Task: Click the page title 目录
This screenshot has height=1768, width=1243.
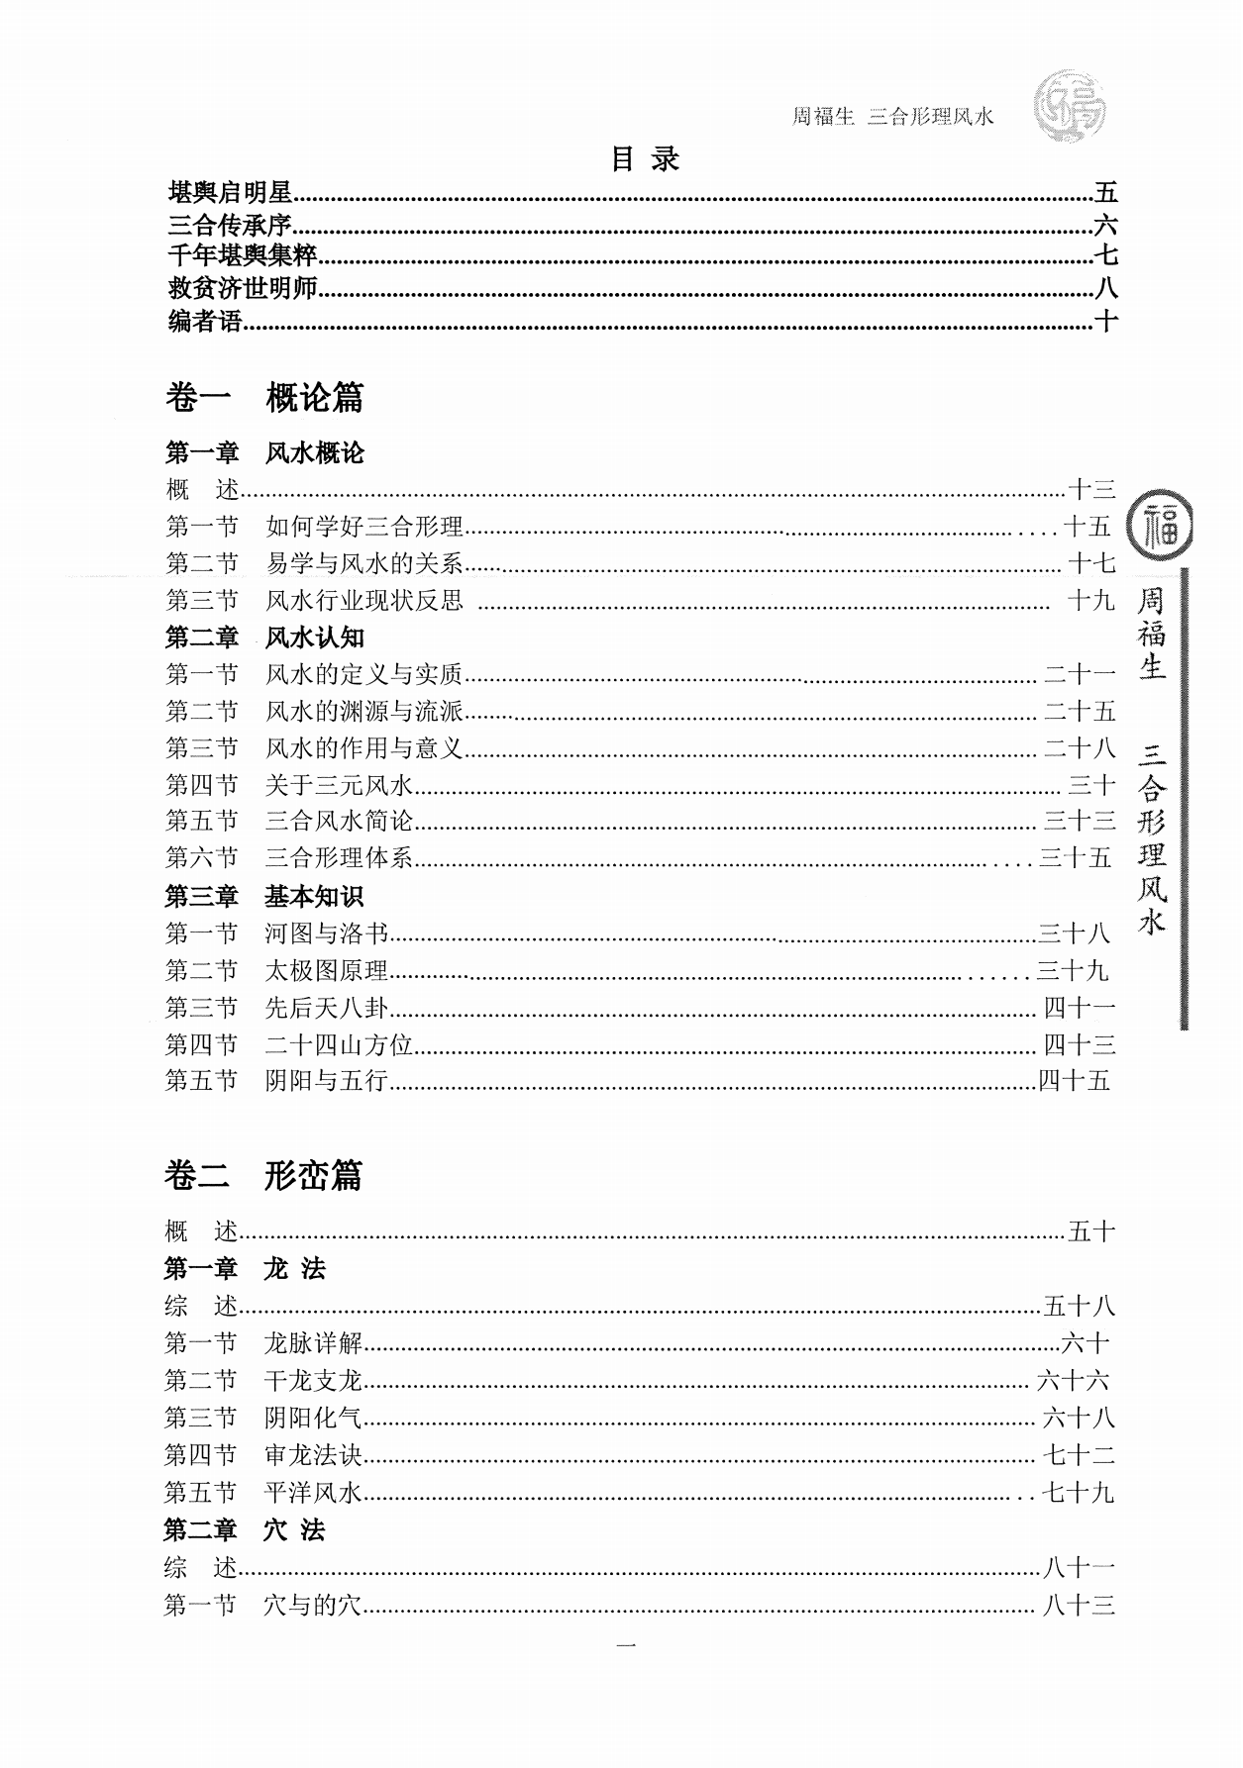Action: tap(645, 159)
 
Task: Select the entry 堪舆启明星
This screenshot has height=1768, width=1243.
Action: tap(230, 193)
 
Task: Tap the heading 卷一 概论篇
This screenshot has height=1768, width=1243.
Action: tap(264, 398)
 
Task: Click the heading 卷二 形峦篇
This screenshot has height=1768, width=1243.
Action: tap(263, 1176)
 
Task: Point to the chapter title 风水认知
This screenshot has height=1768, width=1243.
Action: tap(315, 638)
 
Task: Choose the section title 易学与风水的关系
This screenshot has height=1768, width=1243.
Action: tap(363, 564)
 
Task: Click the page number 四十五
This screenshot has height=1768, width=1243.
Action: tap(1074, 1081)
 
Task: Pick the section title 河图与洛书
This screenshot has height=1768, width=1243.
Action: tap(326, 933)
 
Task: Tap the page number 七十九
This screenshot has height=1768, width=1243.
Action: tap(1080, 1493)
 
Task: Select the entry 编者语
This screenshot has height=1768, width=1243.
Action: tap(205, 322)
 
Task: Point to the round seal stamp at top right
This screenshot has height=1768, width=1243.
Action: tap(1069, 106)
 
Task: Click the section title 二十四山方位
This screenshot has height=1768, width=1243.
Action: tap(338, 1044)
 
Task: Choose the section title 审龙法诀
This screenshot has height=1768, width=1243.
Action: tap(313, 1455)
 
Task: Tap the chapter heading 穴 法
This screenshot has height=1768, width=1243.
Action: tap(294, 1530)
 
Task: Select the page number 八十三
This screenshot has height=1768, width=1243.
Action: tap(1080, 1606)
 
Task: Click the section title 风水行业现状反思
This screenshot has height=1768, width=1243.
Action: tap(363, 601)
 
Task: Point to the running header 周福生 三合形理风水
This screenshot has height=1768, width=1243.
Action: tap(891, 117)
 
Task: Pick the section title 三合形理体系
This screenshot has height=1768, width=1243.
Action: tap(338, 857)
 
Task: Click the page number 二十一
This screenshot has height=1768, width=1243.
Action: tap(1080, 675)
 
